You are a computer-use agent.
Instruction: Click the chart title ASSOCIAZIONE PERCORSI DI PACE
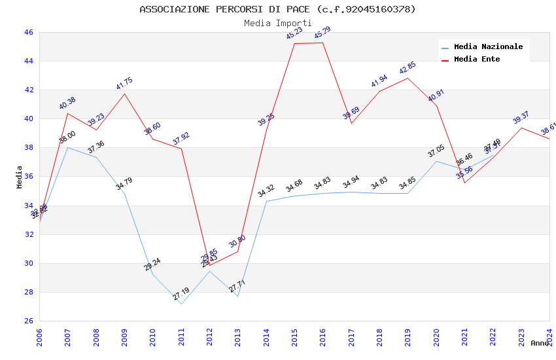tap(277, 9)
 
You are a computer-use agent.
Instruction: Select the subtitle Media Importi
tap(277, 23)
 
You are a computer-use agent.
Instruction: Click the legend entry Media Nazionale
tap(488, 47)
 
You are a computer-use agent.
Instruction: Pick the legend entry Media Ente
tap(477, 60)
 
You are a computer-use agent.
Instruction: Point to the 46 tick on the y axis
tap(28, 32)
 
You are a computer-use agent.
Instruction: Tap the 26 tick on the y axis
tap(28, 321)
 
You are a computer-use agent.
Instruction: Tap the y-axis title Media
tap(20, 177)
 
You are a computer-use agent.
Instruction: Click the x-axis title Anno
tap(540, 343)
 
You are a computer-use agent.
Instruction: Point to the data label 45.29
tap(322, 33)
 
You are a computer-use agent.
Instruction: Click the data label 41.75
tap(124, 84)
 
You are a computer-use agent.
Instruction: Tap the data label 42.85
tap(408, 68)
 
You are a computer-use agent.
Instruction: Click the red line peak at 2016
tap(322, 43)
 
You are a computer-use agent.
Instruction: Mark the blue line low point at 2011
tap(181, 304)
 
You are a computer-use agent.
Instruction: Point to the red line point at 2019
tap(408, 78)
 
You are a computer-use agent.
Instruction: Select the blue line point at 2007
tap(67, 147)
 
